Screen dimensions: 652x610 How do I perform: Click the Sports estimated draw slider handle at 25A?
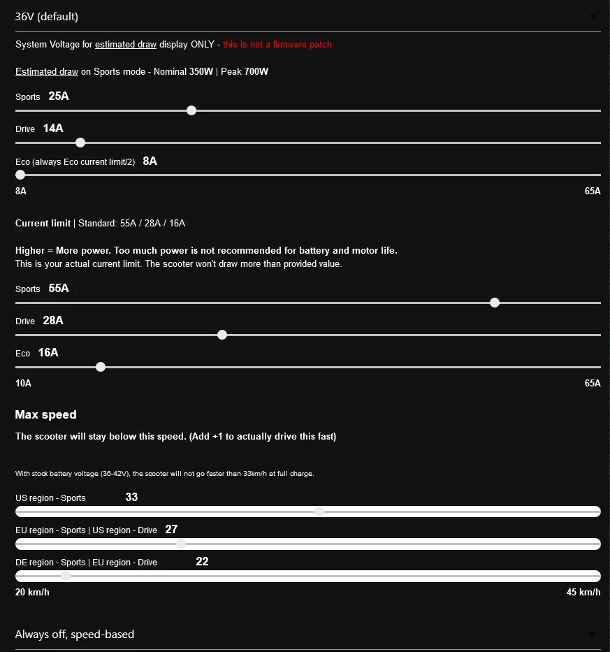pos(191,110)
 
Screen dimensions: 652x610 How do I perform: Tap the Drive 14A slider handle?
pos(80,143)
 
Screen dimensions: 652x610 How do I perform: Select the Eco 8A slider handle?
pos(20,175)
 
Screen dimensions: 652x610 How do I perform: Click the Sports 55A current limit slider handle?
pos(495,303)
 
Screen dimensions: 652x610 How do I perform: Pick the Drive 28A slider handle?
pos(222,335)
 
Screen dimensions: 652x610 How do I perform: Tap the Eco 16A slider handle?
pos(101,367)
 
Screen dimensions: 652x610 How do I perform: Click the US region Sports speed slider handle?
pos(319,512)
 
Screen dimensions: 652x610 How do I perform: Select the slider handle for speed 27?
pos(181,544)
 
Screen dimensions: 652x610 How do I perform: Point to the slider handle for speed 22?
pos(66,576)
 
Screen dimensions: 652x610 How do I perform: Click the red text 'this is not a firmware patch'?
pos(277,45)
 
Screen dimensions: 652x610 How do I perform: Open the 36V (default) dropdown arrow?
pos(593,16)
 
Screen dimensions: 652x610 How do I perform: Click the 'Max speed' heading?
pos(46,414)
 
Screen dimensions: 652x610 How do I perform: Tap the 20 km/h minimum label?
pos(32,593)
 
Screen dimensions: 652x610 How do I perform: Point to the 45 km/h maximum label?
pos(583,593)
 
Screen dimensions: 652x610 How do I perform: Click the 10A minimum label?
pos(23,383)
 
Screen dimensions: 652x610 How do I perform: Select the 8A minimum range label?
pos(21,191)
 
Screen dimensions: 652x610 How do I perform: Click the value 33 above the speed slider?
pos(131,497)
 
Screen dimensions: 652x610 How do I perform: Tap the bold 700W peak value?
pos(256,71)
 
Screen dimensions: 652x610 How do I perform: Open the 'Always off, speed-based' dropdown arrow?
pos(593,634)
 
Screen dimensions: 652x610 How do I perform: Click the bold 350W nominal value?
pos(201,71)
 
